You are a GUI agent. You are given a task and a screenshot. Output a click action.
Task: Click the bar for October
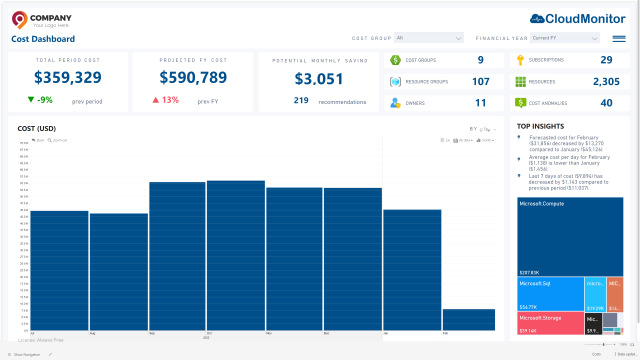(x=235, y=255)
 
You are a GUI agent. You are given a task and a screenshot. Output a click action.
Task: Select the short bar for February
(x=468, y=320)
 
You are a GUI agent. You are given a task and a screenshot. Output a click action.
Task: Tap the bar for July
(x=59, y=270)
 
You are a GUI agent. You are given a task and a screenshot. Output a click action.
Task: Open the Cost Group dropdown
(x=429, y=38)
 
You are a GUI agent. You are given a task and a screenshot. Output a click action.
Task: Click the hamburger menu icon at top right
(x=618, y=38)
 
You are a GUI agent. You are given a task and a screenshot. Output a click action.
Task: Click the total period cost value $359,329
(x=67, y=77)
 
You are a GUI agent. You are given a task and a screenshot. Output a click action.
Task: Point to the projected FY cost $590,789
(x=193, y=77)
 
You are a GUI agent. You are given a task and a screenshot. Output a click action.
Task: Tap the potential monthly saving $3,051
(x=319, y=79)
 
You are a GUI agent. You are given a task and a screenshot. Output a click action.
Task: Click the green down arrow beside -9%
(x=31, y=99)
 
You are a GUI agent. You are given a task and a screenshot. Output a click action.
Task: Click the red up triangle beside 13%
(x=155, y=100)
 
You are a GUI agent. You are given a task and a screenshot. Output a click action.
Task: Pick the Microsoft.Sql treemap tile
(x=550, y=294)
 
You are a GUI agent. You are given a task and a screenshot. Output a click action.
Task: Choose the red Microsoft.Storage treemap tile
(x=550, y=323)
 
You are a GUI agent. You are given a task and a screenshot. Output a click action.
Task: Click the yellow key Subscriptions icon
(x=520, y=60)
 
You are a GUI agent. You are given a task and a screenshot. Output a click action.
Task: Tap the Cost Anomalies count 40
(x=606, y=103)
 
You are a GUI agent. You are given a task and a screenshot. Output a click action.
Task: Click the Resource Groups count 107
(x=480, y=81)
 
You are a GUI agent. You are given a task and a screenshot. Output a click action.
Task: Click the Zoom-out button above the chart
(x=57, y=140)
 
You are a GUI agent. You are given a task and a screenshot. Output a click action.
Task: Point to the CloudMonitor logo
(x=577, y=19)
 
